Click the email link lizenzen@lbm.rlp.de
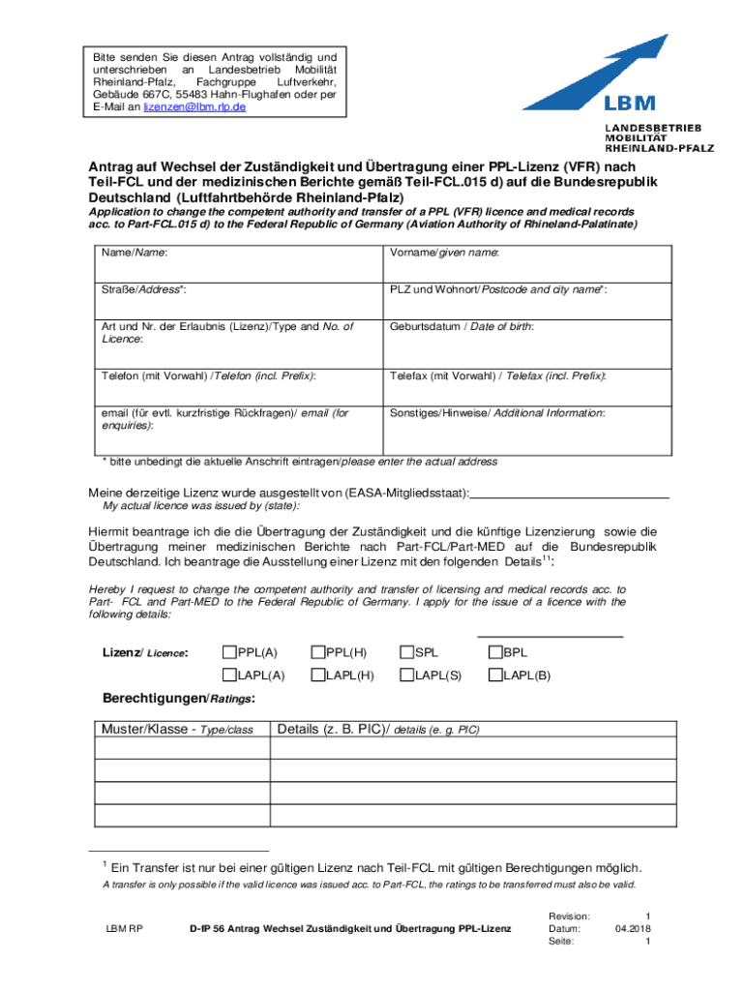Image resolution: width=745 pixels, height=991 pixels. pos(194,107)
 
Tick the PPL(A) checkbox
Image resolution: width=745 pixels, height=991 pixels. pos(229,653)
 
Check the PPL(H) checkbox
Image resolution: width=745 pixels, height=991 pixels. pos(317,653)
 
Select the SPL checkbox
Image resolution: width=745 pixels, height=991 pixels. pos(406,653)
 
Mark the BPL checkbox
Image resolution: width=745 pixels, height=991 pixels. pos(495,653)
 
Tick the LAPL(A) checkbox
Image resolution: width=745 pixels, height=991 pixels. pos(229,676)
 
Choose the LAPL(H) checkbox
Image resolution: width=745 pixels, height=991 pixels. pos(317,676)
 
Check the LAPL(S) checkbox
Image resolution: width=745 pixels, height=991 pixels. pos(406,676)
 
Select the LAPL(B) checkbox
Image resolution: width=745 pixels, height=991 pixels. pos(495,676)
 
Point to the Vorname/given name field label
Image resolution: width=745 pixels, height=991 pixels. pos(444,253)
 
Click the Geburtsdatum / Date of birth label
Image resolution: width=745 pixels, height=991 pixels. pos(462,327)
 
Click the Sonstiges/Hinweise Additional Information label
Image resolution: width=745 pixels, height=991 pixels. pos(497,412)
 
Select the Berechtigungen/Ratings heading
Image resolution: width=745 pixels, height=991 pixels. pos(179,699)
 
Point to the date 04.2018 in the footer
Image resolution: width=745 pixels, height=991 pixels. pos(633,928)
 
